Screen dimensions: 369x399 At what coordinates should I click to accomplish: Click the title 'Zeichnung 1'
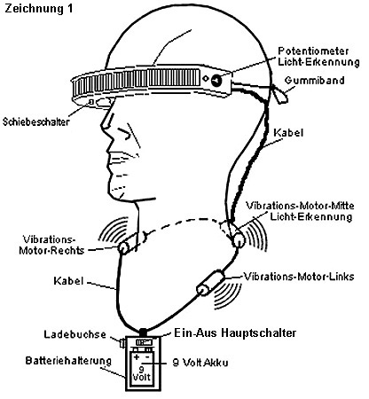(38, 9)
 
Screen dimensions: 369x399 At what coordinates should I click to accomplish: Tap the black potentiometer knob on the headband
(216, 80)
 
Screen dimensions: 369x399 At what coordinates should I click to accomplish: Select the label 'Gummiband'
(315, 81)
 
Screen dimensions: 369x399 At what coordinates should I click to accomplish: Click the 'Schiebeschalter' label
(36, 121)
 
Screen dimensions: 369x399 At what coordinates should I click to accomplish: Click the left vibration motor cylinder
(210, 283)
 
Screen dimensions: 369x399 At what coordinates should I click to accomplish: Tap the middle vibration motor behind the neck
(237, 239)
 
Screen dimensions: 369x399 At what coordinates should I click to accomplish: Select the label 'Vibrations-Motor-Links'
(299, 277)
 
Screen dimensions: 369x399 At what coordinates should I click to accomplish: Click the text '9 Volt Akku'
(200, 363)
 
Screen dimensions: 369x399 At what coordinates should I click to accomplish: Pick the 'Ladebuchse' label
(75, 334)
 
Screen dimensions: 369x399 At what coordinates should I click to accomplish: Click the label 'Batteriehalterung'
(68, 361)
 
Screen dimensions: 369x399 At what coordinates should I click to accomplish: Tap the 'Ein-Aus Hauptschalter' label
(235, 332)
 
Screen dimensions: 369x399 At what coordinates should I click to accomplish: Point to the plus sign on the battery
(137, 357)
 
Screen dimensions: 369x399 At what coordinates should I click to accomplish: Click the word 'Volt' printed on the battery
(141, 377)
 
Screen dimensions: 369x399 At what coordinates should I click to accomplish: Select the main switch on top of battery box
(144, 342)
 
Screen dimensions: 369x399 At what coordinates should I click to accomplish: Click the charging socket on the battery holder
(122, 343)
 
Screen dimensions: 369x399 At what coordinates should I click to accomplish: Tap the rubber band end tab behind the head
(280, 94)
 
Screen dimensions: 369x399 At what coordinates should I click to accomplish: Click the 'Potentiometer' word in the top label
(313, 51)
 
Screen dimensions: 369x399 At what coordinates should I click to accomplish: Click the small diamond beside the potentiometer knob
(206, 79)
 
